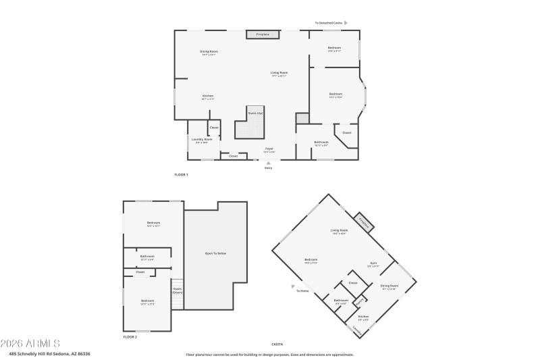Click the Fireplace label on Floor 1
(263, 34)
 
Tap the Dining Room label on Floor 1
(209, 52)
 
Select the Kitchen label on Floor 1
(208, 96)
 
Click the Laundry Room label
(201, 139)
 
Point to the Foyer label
(269, 148)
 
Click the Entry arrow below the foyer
(269, 163)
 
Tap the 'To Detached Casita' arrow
(346, 23)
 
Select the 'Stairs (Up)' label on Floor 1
(254, 113)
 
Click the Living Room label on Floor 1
(279, 73)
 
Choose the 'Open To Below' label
(215, 253)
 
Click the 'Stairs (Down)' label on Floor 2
(178, 290)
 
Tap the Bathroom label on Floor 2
(147, 257)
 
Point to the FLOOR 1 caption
(181, 174)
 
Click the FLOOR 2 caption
(130, 336)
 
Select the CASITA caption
(277, 344)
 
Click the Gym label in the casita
(373, 263)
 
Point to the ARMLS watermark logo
(30, 343)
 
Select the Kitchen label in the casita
(363, 316)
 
